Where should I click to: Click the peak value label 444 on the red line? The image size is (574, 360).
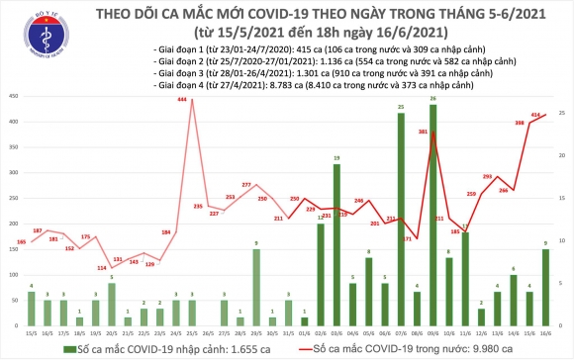(184, 103)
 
